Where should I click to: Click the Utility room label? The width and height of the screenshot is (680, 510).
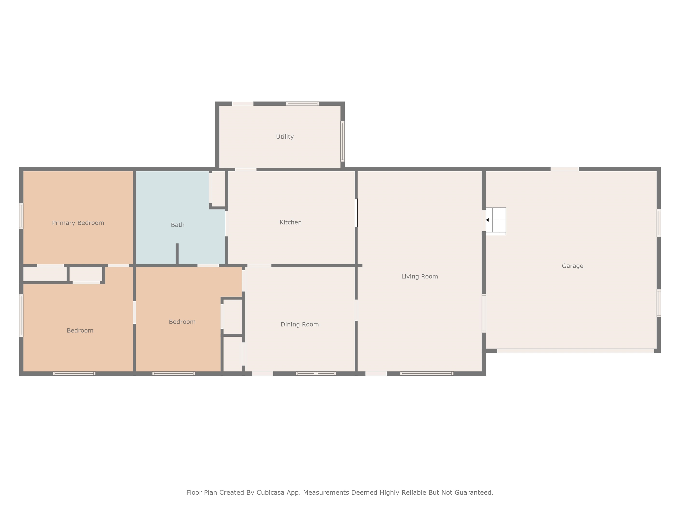pyautogui.click(x=285, y=137)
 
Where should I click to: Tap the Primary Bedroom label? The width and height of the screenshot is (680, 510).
pyautogui.click(x=78, y=223)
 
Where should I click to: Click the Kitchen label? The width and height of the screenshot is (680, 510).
pyautogui.click(x=290, y=222)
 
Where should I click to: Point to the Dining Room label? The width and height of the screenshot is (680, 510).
pyautogui.click(x=300, y=324)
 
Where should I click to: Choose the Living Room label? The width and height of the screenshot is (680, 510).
pyautogui.click(x=420, y=276)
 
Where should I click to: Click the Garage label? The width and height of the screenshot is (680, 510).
pyautogui.click(x=572, y=266)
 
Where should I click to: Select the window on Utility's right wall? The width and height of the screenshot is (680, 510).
pyautogui.click(x=342, y=141)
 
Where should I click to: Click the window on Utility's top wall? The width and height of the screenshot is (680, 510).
pyautogui.click(x=303, y=104)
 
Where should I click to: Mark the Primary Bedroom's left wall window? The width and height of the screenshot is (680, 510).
pyautogui.click(x=21, y=216)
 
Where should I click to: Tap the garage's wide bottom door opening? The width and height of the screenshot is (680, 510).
pyautogui.click(x=576, y=351)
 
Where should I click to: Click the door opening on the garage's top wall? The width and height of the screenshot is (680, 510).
pyautogui.click(x=565, y=169)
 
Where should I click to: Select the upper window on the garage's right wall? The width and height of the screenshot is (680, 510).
pyautogui.click(x=659, y=223)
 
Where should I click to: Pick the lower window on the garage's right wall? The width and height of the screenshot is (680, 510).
pyautogui.click(x=659, y=303)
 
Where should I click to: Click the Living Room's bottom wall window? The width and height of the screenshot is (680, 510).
pyautogui.click(x=427, y=373)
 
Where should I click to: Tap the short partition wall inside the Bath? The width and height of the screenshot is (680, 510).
pyautogui.click(x=177, y=254)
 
